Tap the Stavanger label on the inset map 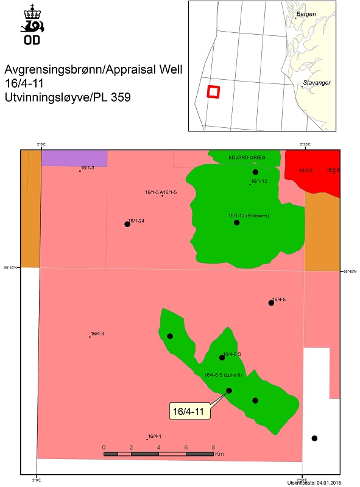(x=317, y=82)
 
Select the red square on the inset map (x=213, y=91)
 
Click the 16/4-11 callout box (x=189, y=412)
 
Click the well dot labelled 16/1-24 (x=127, y=224)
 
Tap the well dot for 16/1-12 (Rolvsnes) (x=236, y=223)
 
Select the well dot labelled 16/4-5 (x=271, y=303)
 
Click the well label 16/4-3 (x=97, y=334)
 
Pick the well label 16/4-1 (x=155, y=436)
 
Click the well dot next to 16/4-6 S (x=222, y=357)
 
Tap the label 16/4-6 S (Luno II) (x=224, y=375)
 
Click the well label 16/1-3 (x=87, y=167)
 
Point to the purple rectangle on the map (x=74, y=158)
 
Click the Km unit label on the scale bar (x=220, y=454)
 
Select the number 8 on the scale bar (x=213, y=447)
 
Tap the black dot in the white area (x=314, y=438)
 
